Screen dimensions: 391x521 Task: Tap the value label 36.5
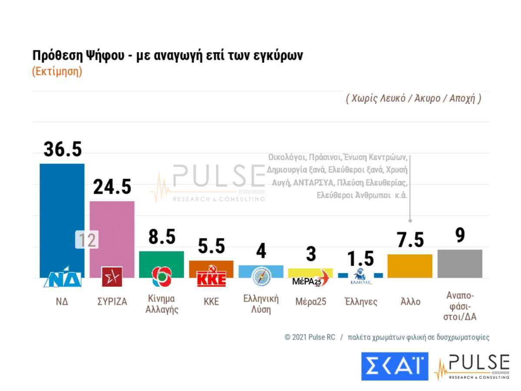coord(63,149)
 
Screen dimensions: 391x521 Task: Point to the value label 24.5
coord(112,187)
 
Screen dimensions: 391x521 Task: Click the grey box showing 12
coord(87,240)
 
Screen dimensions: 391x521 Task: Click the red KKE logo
coord(211,278)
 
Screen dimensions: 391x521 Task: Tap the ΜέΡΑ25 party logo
coord(310,279)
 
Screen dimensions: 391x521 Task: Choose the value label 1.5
coord(360,259)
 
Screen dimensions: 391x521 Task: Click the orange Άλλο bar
coord(410,266)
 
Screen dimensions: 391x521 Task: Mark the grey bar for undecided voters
coord(460,264)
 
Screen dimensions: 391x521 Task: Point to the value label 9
coord(460,235)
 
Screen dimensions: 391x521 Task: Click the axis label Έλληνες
coord(360,302)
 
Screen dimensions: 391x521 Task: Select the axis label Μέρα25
coord(310,302)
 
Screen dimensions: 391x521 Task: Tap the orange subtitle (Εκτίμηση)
coord(57,72)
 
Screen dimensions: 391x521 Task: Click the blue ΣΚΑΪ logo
coord(394,366)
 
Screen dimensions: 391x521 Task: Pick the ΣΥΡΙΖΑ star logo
coord(112,277)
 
